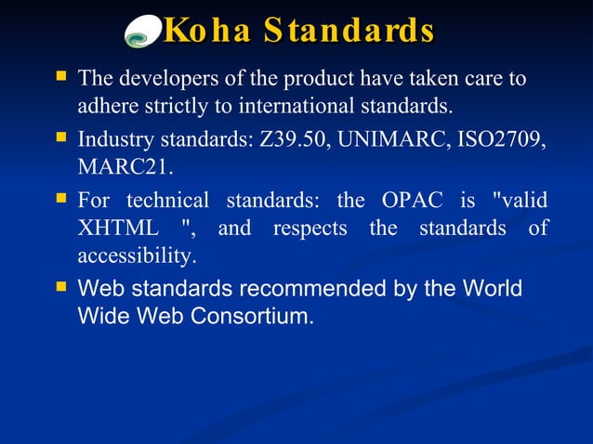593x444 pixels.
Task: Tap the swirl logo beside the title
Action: tap(144, 32)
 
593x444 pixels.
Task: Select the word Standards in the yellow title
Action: tap(349, 30)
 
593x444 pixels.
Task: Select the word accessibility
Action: tap(137, 255)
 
